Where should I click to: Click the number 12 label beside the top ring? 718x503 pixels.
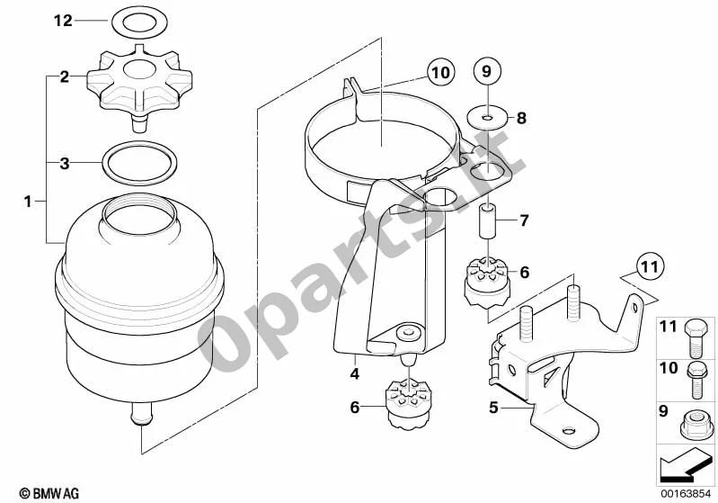point(63,21)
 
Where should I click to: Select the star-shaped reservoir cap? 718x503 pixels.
point(139,89)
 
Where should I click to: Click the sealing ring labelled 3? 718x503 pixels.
point(139,164)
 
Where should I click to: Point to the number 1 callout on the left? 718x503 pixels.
point(28,202)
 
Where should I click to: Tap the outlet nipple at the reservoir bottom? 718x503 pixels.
point(141,414)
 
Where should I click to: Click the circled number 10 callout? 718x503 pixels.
point(441,73)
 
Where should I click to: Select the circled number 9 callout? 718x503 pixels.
point(487,71)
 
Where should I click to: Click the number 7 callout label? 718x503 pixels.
point(524,220)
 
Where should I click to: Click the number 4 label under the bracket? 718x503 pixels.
point(355,373)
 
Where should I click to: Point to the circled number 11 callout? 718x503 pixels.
point(651,266)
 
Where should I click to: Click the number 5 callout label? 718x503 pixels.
point(493,407)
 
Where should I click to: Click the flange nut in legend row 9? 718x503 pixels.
point(696,426)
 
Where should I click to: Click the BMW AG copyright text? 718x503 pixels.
point(49,493)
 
